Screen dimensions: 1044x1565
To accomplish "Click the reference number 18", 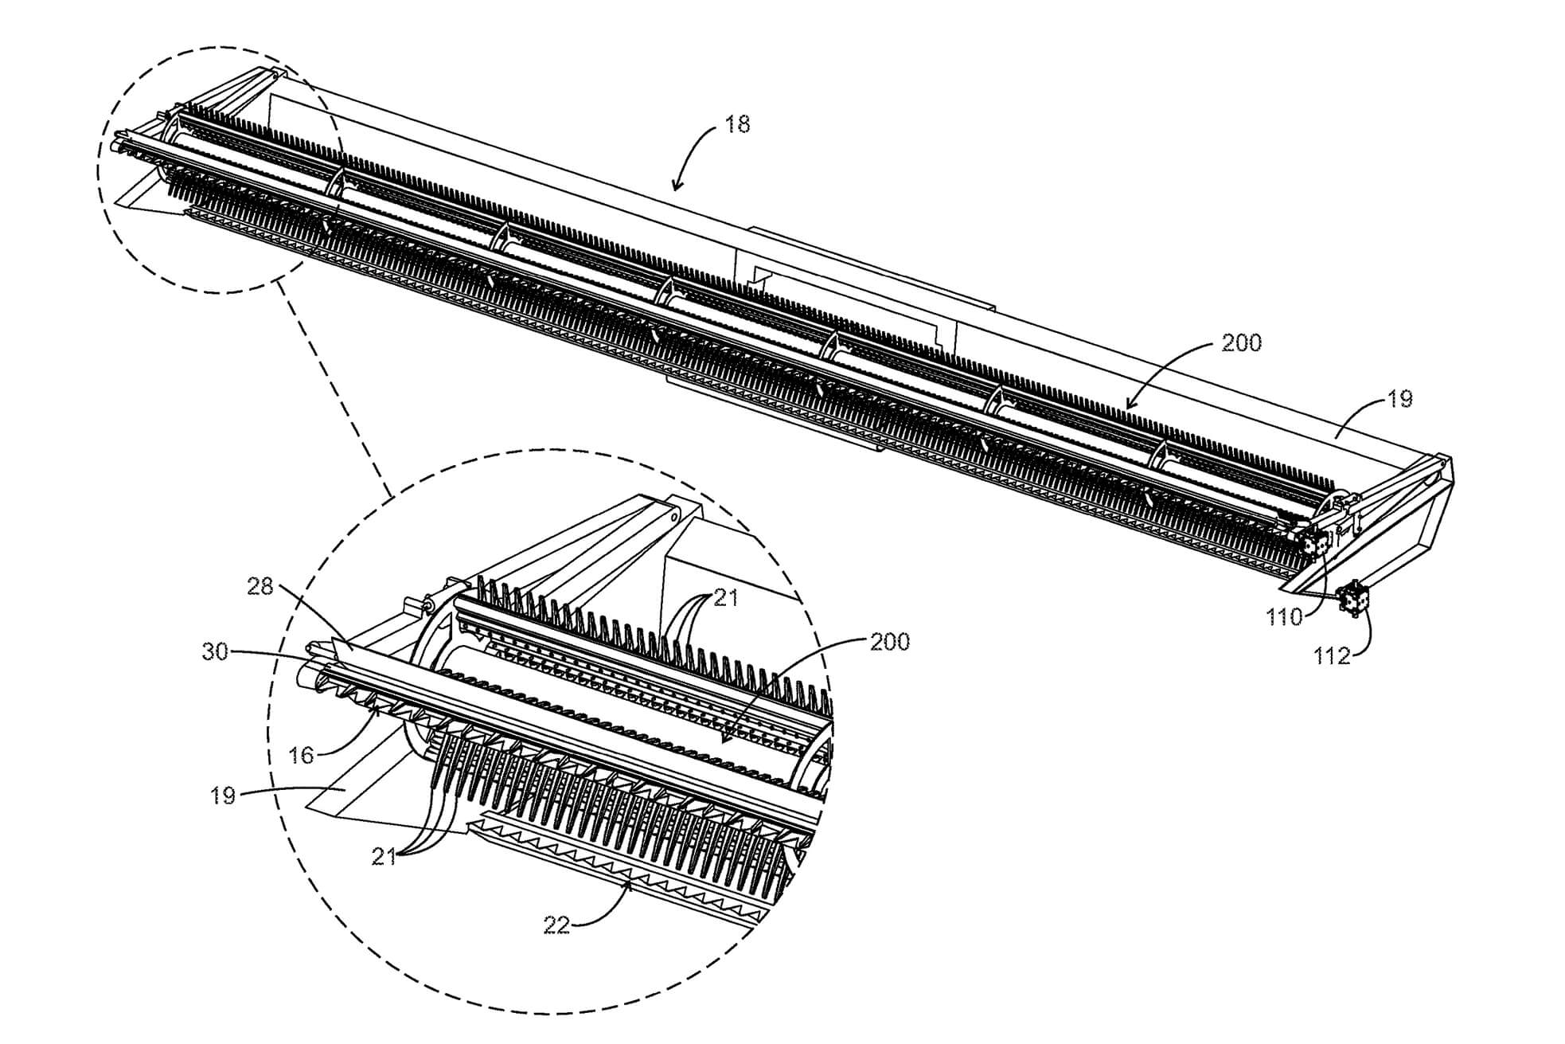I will [x=737, y=125].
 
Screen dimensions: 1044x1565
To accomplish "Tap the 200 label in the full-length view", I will [x=1241, y=343].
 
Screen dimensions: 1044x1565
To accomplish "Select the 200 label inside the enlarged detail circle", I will [x=889, y=642].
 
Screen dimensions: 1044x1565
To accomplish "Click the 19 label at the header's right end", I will [x=1399, y=399].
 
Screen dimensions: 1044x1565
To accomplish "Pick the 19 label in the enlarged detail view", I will [x=223, y=796].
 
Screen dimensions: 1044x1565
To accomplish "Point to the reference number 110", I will [x=1284, y=616].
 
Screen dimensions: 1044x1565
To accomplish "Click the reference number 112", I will [x=1332, y=656].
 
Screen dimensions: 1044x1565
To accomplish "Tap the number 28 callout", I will [x=260, y=587].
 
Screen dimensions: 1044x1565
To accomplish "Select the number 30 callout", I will [x=215, y=651].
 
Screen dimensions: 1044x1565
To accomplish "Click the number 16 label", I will [x=301, y=755].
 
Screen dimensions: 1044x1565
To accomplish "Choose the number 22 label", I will [x=556, y=925].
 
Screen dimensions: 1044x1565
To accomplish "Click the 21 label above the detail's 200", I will [x=725, y=597].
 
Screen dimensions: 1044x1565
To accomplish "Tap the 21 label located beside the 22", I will [x=384, y=857].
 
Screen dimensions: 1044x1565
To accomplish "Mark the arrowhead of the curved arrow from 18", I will [x=675, y=190].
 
